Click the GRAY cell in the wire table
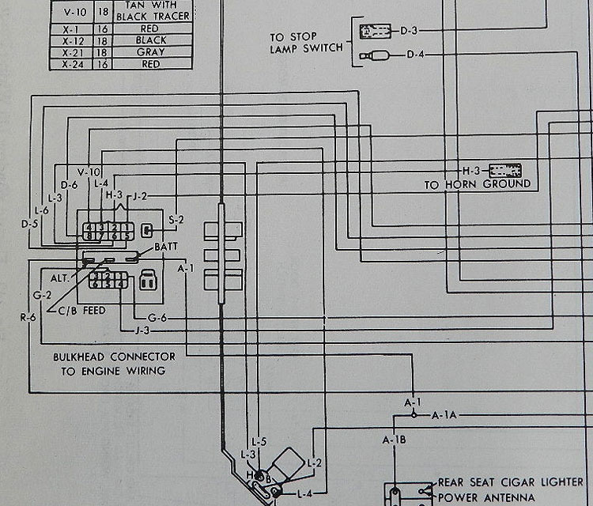tap(150, 52)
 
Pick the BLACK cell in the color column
tap(150, 40)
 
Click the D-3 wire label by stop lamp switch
tap(409, 31)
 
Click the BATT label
tap(166, 247)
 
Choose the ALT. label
tap(60, 278)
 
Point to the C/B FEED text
tap(83, 311)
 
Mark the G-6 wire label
tap(157, 318)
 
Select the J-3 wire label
tap(142, 330)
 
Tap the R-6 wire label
tap(28, 318)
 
